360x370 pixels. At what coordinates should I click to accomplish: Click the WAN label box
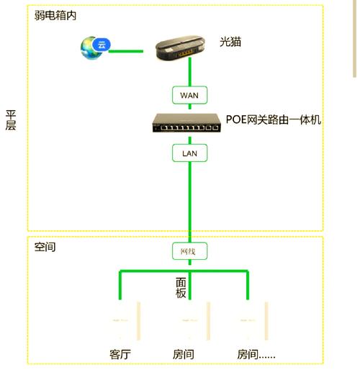[189, 95]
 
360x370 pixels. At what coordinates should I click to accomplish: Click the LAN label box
[189, 153]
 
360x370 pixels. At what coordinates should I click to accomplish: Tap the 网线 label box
[189, 251]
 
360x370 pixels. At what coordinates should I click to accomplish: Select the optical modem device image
[181, 48]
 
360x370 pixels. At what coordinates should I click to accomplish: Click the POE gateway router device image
[186, 122]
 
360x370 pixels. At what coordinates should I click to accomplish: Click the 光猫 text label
[230, 42]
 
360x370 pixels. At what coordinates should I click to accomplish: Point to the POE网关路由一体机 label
[274, 119]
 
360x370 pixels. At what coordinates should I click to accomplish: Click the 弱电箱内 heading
[55, 15]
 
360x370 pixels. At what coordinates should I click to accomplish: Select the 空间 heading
[45, 247]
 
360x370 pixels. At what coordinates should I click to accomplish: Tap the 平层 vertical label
[11, 120]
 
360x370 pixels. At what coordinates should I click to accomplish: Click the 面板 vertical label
[181, 288]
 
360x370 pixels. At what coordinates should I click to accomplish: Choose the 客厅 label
[120, 354]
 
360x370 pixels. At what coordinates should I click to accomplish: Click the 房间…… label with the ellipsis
[256, 354]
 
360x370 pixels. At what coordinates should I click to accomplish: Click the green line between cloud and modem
[126, 51]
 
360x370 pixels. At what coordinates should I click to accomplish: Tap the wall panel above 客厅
[125, 320]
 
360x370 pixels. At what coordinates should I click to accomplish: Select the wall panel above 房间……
[253, 320]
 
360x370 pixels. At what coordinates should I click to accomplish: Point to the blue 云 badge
[102, 45]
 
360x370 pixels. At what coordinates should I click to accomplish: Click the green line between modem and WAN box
[190, 72]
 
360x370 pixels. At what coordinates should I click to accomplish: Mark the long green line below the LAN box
[190, 202]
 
